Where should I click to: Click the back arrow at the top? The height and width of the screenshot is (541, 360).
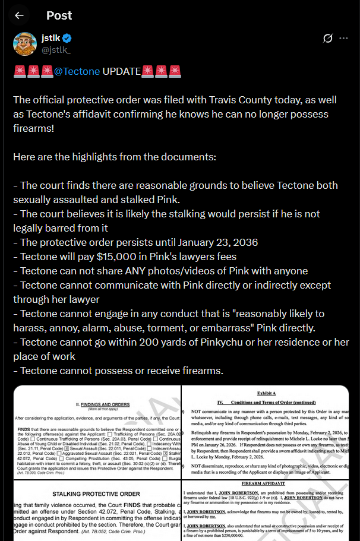(20, 15)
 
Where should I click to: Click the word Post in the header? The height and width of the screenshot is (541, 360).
(59, 15)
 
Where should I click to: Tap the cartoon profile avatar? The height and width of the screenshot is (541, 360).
(26, 44)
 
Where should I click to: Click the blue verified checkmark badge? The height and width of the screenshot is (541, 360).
(67, 39)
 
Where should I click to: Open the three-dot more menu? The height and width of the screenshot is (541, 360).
(343, 39)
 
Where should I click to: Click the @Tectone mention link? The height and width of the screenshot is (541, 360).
(77, 71)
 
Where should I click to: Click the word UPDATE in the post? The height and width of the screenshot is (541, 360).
(121, 71)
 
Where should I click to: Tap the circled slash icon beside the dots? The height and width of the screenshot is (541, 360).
(327, 39)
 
